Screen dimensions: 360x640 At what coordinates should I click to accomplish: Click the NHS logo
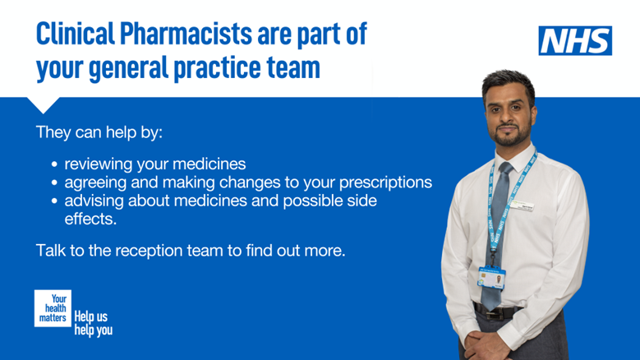pos(575,40)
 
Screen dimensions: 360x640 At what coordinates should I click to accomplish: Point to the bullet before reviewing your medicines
pos(54,164)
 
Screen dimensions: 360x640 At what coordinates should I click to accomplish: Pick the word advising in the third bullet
pos(95,201)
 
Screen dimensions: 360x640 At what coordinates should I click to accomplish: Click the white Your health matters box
pos(53,307)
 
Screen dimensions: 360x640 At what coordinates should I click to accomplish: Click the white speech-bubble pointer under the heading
pos(43,104)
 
